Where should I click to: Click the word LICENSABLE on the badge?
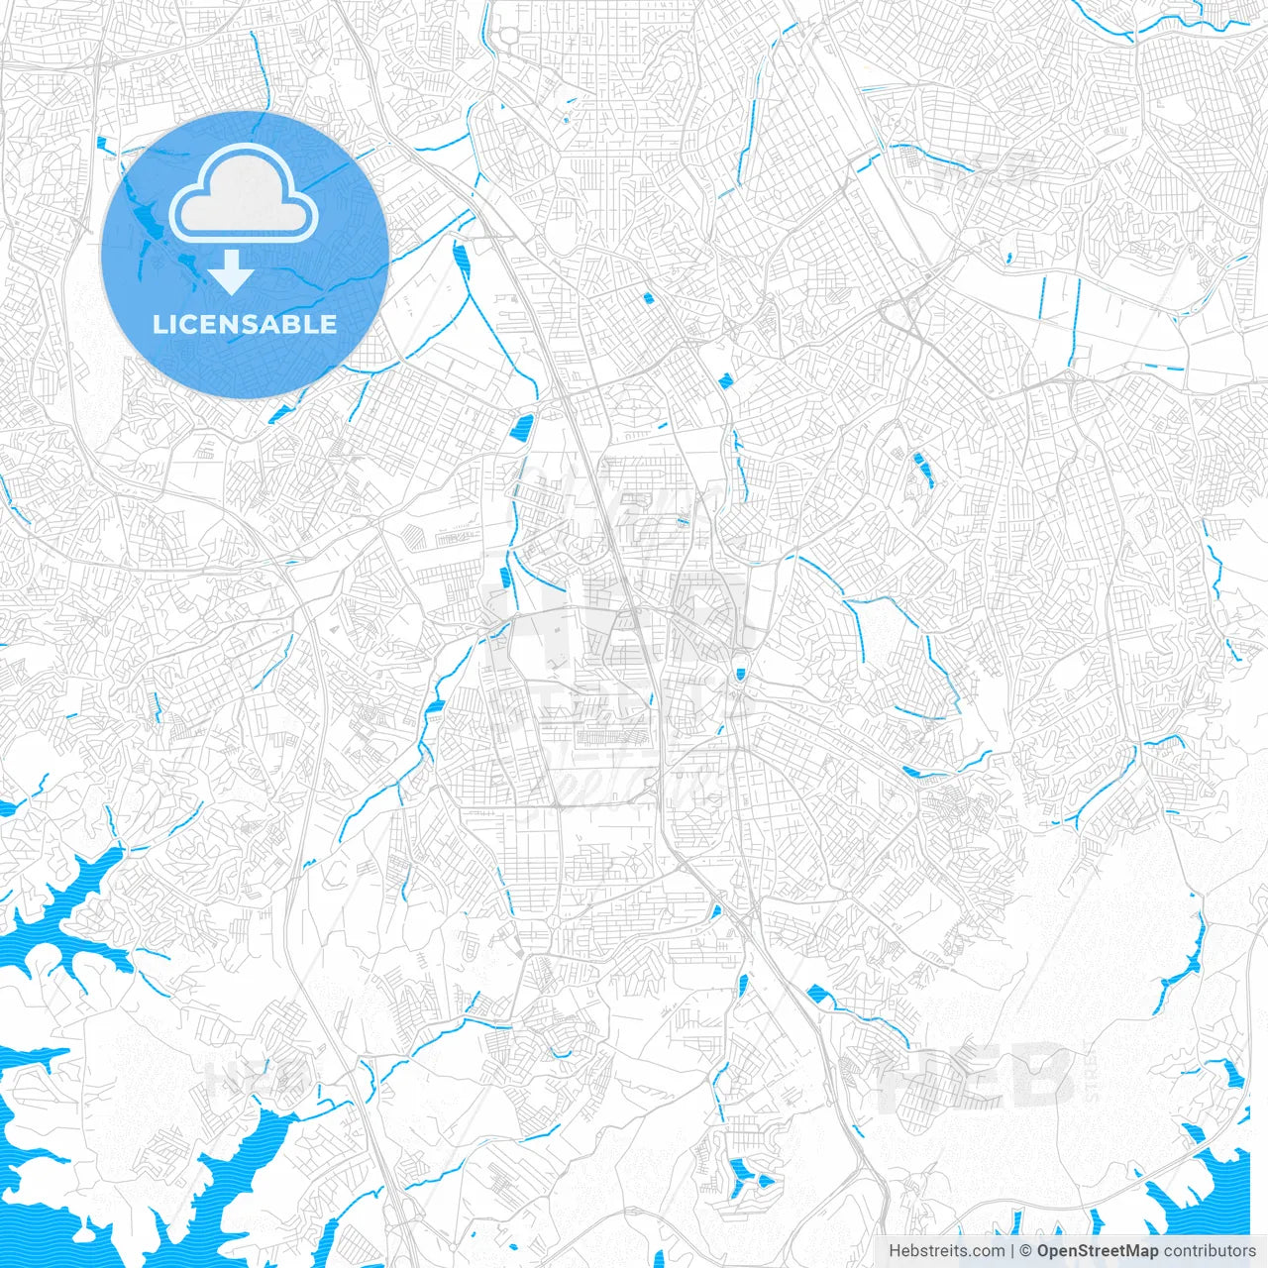(245, 324)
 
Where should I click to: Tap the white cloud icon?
(244, 194)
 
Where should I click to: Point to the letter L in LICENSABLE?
(159, 324)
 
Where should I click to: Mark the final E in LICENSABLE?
(328, 324)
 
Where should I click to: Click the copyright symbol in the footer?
(1026, 1251)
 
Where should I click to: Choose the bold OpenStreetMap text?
(1098, 1251)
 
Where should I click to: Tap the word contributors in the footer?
(1209, 1251)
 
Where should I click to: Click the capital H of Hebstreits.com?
(894, 1251)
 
